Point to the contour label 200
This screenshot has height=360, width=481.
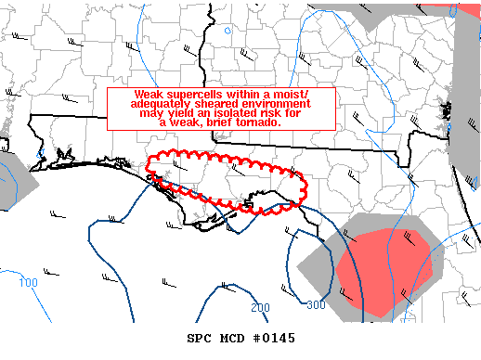tap(260, 307)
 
